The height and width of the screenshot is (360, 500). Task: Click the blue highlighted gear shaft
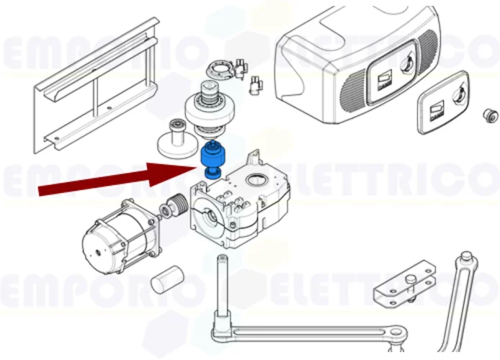[211, 160]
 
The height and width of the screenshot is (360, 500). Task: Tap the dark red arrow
[118, 179]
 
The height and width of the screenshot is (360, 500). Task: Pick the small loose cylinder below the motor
[166, 279]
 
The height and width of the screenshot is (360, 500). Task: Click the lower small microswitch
[256, 86]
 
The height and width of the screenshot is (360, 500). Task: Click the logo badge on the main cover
[385, 80]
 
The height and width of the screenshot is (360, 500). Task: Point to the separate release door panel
[442, 102]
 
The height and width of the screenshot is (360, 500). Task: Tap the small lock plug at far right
[491, 116]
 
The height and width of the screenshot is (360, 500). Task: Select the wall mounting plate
[96, 86]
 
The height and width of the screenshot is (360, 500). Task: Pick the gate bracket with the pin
[406, 284]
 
